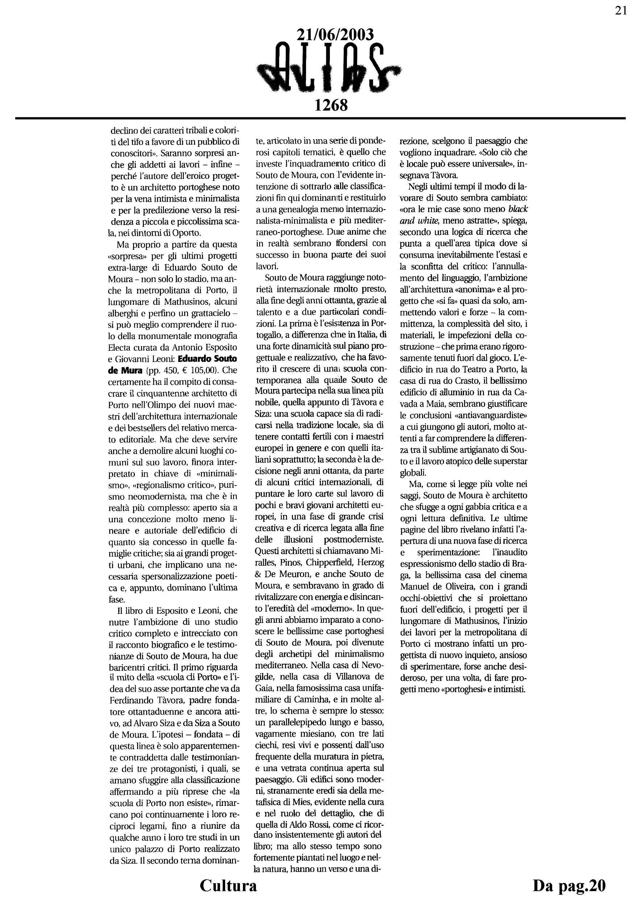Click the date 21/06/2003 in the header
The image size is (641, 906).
[x=334, y=35]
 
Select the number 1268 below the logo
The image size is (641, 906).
[x=331, y=105]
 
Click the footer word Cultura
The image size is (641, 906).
[x=228, y=885]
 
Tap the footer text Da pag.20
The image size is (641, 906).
[x=569, y=885]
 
